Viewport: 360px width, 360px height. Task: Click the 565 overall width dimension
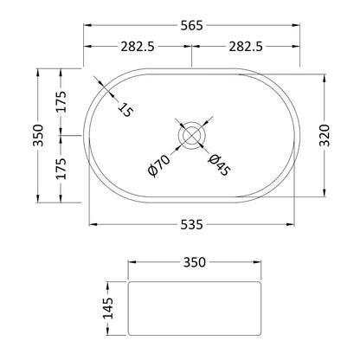(x=192, y=26)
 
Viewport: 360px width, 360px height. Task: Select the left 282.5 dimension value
(x=138, y=47)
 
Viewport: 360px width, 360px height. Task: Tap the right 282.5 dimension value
(x=246, y=47)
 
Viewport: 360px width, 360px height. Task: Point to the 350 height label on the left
(x=38, y=135)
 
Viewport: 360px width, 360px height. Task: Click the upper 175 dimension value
(x=61, y=102)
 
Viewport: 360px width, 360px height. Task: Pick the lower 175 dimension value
(x=61, y=169)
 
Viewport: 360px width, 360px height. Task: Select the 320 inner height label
(x=325, y=135)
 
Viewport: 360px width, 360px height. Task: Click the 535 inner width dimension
(x=192, y=224)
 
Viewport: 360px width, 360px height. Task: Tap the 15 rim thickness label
(x=125, y=110)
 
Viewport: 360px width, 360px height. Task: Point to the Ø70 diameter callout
(x=158, y=165)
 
